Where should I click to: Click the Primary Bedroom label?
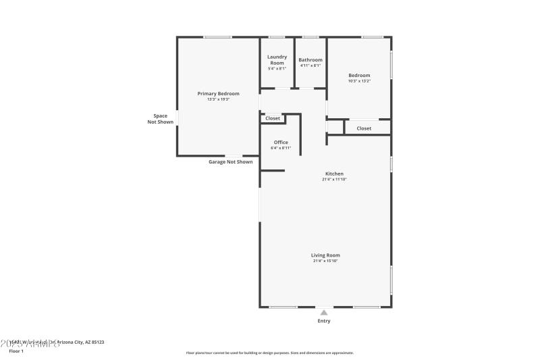pos(218,94)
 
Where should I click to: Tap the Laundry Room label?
pos(277,60)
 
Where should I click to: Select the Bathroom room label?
pos(310,59)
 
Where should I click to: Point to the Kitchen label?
pos(334,174)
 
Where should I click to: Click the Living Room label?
pos(325,255)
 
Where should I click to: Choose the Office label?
pos(281,143)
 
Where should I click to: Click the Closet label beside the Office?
pos(273,118)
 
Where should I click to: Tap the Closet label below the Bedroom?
pos(364,128)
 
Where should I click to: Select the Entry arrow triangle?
pos(324,313)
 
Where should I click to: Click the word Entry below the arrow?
pos(324,321)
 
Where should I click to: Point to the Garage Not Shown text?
pos(230,162)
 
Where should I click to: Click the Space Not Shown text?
pos(161,119)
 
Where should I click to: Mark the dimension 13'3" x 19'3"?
pos(218,100)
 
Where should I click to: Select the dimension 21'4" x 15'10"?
pos(325,261)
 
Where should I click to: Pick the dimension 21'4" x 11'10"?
pos(334,179)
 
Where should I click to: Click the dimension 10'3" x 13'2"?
pos(359,81)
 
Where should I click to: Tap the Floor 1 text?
pos(16,351)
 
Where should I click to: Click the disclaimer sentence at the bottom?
pos(270,353)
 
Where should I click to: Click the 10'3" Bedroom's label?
pos(359,75)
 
